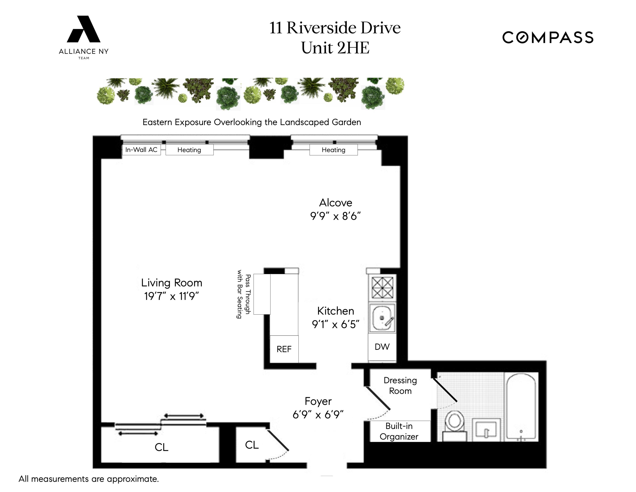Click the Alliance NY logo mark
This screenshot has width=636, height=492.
(x=84, y=30)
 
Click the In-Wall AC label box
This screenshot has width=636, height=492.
(x=141, y=150)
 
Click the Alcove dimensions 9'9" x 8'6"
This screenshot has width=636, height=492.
(x=336, y=216)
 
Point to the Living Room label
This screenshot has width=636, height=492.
(x=172, y=283)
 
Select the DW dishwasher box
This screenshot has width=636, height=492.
(x=382, y=347)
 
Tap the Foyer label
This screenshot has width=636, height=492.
(x=318, y=401)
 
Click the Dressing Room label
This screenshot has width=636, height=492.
(x=400, y=386)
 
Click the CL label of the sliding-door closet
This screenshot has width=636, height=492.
(x=161, y=447)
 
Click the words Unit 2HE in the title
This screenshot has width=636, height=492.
(x=335, y=48)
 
